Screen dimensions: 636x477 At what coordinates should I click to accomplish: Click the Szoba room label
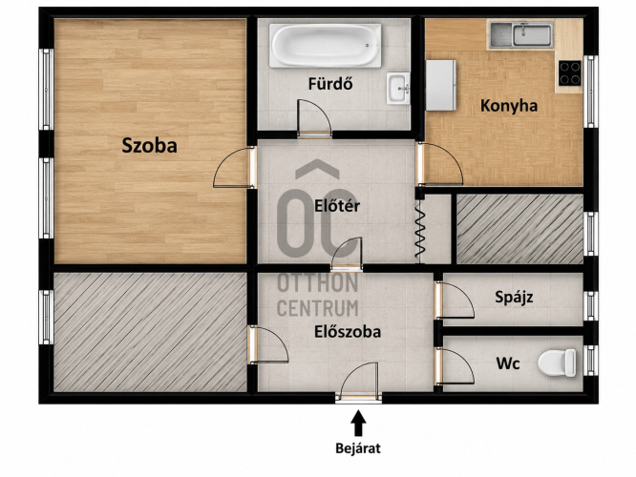point(149,146)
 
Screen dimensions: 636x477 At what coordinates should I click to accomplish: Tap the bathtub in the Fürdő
point(326,45)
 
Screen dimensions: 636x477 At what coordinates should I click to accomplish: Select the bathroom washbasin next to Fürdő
point(398,88)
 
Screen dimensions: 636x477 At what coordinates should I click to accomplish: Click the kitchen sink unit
point(521,34)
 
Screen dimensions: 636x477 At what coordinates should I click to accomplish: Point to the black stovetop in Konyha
point(570,73)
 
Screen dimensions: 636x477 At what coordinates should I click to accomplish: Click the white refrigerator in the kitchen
point(440,85)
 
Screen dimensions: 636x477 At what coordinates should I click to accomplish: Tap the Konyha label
point(509,106)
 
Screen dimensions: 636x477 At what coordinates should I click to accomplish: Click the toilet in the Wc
point(557,363)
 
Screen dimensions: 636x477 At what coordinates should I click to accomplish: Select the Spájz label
point(514,298)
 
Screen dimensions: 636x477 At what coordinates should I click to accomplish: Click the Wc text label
point(508,363)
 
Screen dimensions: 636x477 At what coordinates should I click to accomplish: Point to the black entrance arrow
point(358,424)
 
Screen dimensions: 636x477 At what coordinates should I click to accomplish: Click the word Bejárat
point(358,448)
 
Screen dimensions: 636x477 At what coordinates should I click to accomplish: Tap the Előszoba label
point(348,332)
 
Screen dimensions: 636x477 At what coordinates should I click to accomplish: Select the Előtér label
point(337,206)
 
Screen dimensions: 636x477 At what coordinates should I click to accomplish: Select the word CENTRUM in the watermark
point(318,308)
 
